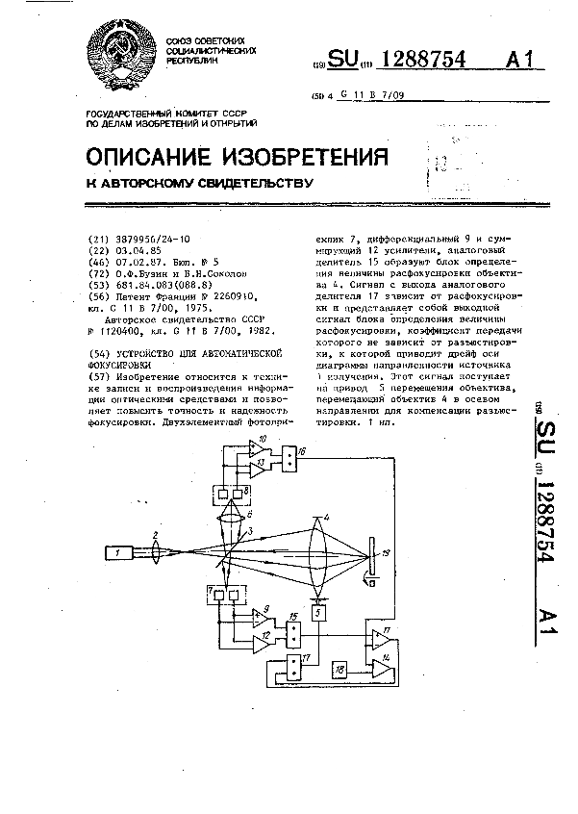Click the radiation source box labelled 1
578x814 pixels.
119,553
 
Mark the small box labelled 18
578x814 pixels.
339,668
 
